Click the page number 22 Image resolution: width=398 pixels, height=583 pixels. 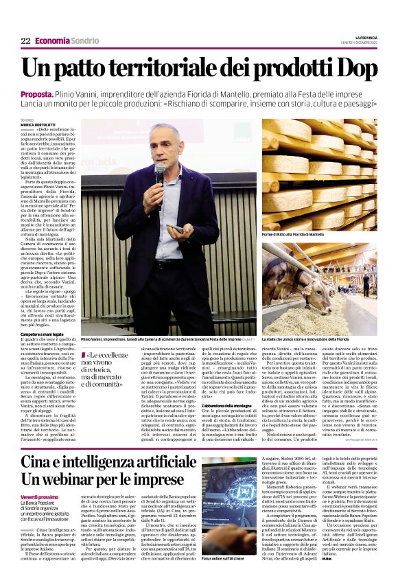[x=25, y=41]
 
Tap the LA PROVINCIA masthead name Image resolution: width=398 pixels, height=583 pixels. [x=362, y=37]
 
